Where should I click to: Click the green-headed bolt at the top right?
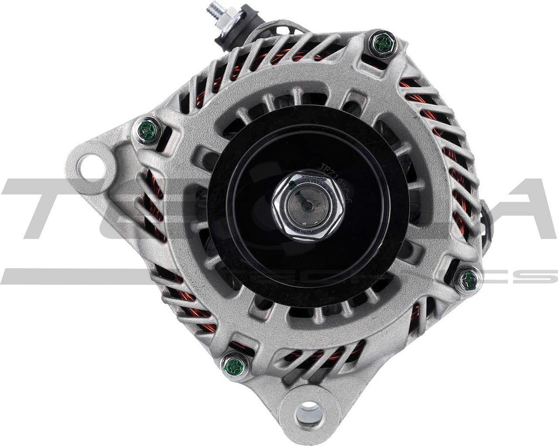click(384, 43)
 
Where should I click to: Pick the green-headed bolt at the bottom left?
click(235, 366)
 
